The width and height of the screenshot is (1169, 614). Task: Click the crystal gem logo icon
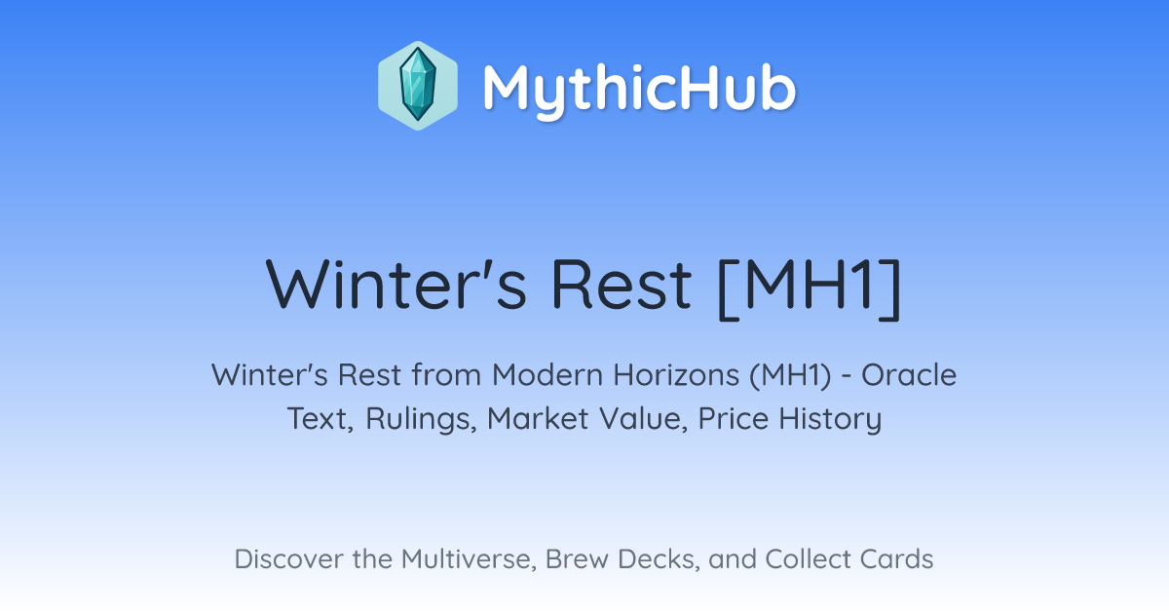click(418, 86)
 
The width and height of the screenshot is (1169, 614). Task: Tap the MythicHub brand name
click(639, 88)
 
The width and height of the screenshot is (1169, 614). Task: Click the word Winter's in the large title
click(396, 285)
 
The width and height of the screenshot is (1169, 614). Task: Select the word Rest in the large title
click(622, 285)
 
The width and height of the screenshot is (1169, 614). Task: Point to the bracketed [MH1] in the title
click(810, 288)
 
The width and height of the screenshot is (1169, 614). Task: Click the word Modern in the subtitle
click(547, 375)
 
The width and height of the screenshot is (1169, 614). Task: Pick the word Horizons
click(676, 375)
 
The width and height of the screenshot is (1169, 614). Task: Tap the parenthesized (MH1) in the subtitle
click(790, 376)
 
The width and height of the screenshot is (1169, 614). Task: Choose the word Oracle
click(909, 375)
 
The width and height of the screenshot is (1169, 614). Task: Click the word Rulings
click(421, 419)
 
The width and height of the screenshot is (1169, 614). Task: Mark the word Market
click(538, 419)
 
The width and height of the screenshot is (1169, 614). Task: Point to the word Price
click(734, 419)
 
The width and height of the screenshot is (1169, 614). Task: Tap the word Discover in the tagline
click(288, 559)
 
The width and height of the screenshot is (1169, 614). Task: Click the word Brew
click(577, 559)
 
